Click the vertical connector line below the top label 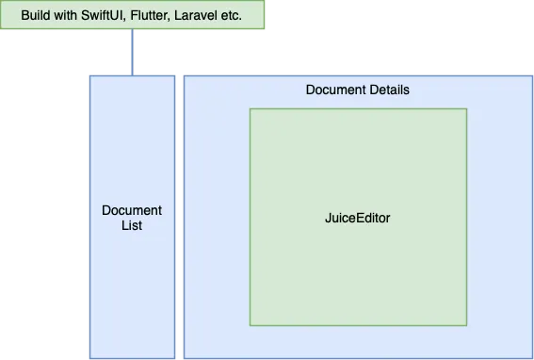[132, 49]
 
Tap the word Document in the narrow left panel [132, 210]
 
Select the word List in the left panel [132, 226]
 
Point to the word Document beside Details [334, 90]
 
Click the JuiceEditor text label [357, 218]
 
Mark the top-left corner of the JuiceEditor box [250, 109]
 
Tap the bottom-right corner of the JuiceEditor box [466, 325]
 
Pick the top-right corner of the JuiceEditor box [466, 109]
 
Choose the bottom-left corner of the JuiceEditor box [250, 325]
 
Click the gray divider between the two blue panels [179, 217]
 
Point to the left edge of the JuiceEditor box [250, 218]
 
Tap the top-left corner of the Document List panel [90, 76]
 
